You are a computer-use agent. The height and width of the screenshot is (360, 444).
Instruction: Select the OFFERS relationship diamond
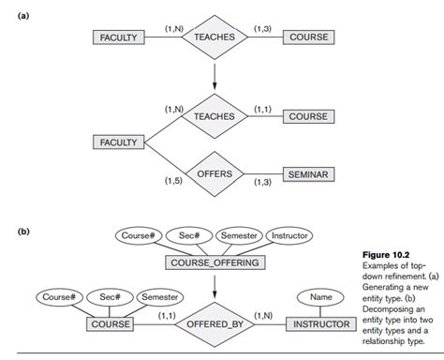coord(214,174)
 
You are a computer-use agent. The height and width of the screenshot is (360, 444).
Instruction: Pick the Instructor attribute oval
coord(289,235)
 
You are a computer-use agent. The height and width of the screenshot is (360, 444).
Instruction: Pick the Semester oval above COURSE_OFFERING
coord(238,235)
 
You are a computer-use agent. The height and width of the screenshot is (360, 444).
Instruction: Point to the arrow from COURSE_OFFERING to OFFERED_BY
coord(215,285)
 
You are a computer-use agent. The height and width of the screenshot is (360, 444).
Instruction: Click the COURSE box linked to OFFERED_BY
coord(110,324)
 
